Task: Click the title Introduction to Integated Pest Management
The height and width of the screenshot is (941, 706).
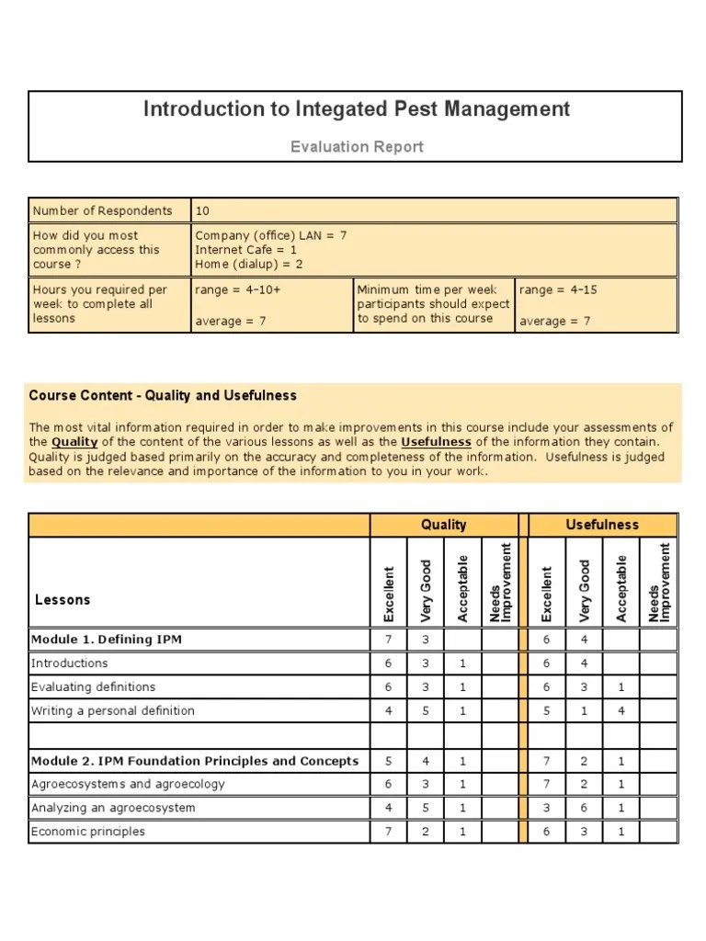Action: [x=357, y=109]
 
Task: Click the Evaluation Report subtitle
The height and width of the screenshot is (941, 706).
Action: [x=357, y=147]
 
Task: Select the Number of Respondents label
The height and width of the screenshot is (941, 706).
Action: [x=102, y=210]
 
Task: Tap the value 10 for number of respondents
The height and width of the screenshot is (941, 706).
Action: [x=202, y=210]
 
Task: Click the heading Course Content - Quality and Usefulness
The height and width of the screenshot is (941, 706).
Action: [x=163, y=396]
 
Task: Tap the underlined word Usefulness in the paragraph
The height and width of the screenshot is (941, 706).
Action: [x=436, y=442]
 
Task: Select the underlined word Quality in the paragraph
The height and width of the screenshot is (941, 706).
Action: [x=74, y=442]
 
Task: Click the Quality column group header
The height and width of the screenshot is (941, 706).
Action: [x=443, y=525]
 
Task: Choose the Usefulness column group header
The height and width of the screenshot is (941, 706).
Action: [x=602, y=525]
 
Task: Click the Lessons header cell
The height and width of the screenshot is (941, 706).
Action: [x=63, y=600]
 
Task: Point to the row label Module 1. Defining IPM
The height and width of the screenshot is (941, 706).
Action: [x=106, y=640]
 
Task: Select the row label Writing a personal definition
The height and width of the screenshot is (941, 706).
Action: [x=112, y=711]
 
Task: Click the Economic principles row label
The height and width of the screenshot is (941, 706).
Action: [x=88, y=832]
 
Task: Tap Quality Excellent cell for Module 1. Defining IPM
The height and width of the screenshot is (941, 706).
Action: [x=389, y=640]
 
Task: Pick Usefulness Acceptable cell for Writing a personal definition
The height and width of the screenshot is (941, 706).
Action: [x=621, y=711]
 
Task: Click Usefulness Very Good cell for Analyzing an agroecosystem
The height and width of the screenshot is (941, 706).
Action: [x=585, y=808]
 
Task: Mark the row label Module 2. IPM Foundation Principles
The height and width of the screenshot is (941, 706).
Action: [x=195, y=761]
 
